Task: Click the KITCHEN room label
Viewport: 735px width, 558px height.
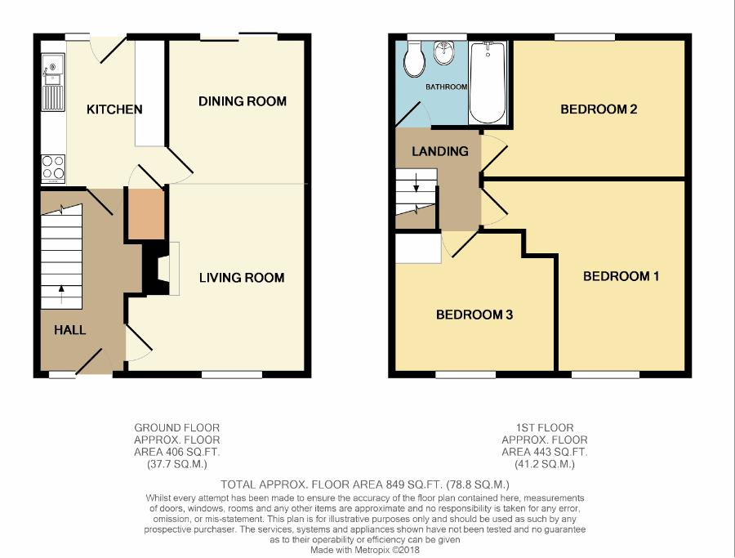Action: pyautogui.click(x=114, y=109)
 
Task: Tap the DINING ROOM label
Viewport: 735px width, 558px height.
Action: pyautogui.click(x=243, y=101)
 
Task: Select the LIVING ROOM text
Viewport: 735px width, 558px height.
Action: pyautogui.click(x=242, y=278)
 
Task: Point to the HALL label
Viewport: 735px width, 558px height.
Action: pyautogui.click(x=70, y=330)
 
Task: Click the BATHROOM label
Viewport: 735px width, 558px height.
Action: pyautogui.click(x=446, y=87)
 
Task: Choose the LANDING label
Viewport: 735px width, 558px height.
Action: pyautogui.click(x=440, y=151)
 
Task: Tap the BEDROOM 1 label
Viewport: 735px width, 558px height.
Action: pyautogui.click(x=621, y=276)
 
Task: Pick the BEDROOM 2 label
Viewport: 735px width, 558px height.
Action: pyautogui.click(x=599, y=109)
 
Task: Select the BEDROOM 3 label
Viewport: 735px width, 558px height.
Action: pyautogui.click(x=474, y=315)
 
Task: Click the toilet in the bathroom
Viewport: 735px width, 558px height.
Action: pyautogui.click(x=414, y=59)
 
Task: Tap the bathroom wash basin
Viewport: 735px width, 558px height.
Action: pyautogui.click(x=443, y=53)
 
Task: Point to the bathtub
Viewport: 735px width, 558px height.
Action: pyautogui.click(x=488, y=83)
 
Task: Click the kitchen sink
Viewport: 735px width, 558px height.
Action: pyautogui.click(x=53, y=82)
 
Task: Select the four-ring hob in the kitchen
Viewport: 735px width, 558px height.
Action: pyautogui.click(x=53, y=169)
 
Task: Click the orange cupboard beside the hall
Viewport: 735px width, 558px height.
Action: pyautogui.click(x=146, y=214)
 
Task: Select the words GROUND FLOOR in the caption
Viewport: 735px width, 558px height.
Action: pyautogui.click(x=176, y=427)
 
